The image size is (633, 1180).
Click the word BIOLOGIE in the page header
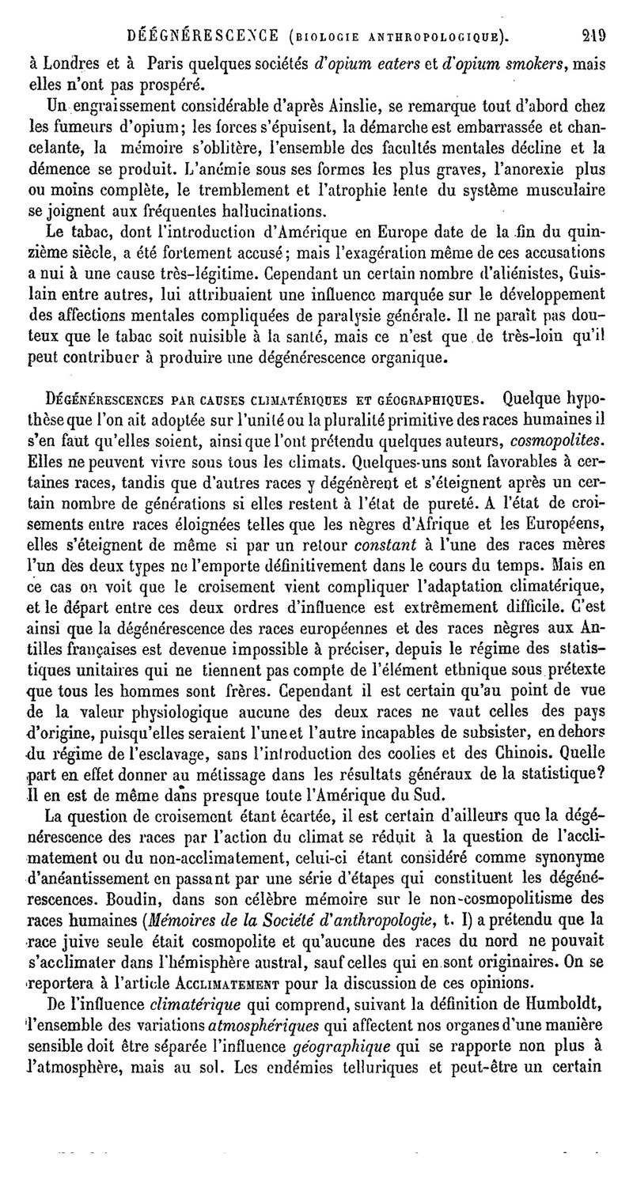pyautogui.click(x=327, y=35)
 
